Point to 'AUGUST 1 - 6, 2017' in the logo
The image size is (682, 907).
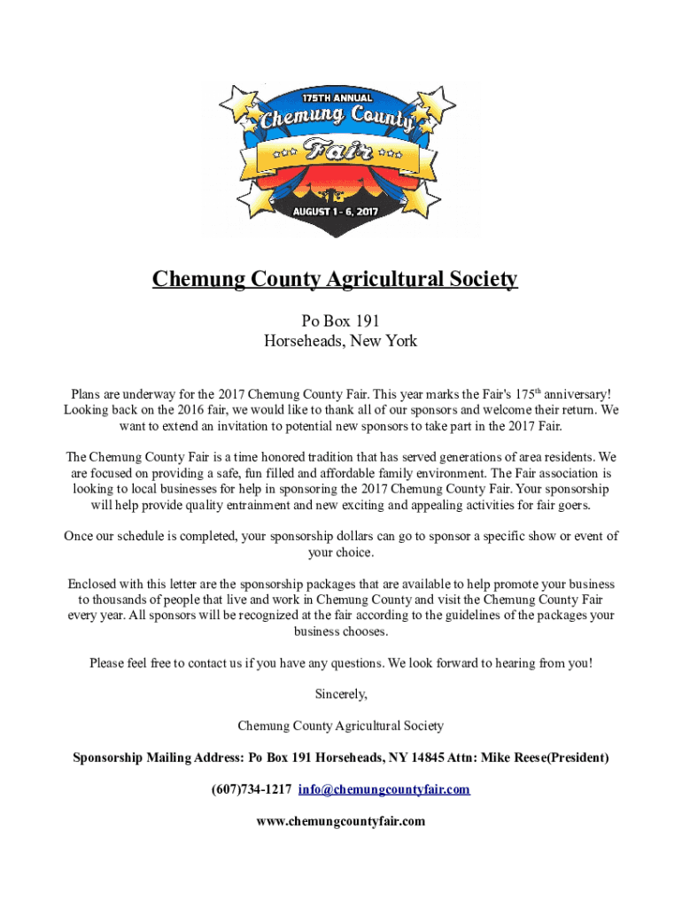point(341,213)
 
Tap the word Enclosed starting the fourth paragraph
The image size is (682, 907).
point(96,585)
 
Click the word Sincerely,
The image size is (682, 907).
point(341,694)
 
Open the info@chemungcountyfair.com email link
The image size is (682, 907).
point(384,790)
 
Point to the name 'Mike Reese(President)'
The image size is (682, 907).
point(541,758)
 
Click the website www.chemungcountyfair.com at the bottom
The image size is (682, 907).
point(341,821)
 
